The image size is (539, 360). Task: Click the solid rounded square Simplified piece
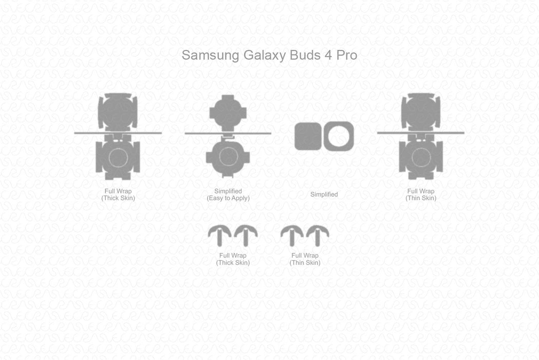click(x=308, y=136)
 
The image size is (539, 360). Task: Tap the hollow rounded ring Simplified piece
click(x=339, y=136)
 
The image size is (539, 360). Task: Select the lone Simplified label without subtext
click(x=324, y=194)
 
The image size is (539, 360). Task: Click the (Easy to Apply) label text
click(x=228, y=198)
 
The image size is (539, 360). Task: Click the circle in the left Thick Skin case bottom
click(x=118, y=157)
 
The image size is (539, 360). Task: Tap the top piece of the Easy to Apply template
click(x=228, y=112)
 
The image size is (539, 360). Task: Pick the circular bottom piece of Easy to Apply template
click(x=228, y=157)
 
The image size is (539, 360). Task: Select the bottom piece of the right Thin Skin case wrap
click(x=421, y=157)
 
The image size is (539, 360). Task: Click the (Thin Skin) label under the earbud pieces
click(x=305, y=263)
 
